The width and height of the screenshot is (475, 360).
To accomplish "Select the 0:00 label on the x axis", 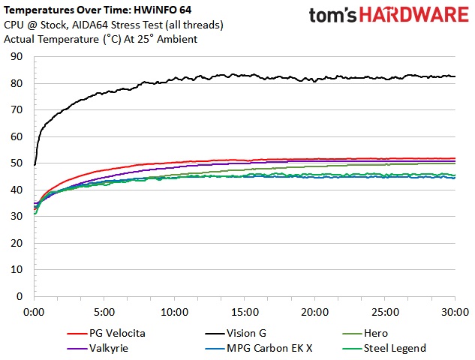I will [x=35, y=311].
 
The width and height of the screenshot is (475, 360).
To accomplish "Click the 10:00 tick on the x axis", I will [x=175, y=311].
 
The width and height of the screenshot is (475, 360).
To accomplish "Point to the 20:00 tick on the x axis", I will [x=315, y=311].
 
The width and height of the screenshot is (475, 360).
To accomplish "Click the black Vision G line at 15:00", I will [x=245, y=76].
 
